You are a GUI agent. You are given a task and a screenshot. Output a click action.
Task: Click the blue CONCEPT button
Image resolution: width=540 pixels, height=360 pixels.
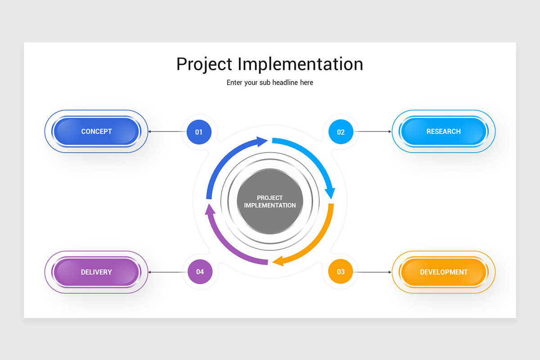pos(96,131)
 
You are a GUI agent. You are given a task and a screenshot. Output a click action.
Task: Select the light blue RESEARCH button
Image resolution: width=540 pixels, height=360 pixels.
pos(443,131)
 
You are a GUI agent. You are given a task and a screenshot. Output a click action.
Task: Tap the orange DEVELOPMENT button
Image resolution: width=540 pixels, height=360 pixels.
pos(443,272)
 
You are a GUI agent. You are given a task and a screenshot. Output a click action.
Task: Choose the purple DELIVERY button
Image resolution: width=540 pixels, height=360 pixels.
pos(96,272)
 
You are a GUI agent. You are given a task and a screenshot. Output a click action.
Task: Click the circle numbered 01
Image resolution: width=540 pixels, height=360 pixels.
pos(199,132)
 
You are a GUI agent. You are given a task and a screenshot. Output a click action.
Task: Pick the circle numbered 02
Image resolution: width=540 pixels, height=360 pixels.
pos(341,132)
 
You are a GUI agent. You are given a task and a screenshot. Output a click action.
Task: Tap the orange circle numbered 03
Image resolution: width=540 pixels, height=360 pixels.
pos(341,271)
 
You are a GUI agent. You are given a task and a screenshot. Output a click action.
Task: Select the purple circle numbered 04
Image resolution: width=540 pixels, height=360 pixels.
pos(200,271)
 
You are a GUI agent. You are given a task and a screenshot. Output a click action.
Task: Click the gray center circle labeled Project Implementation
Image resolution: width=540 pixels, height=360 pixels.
pos(270,202)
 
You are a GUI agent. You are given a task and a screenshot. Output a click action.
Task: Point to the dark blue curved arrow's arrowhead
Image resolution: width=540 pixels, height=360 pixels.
pos(262,142)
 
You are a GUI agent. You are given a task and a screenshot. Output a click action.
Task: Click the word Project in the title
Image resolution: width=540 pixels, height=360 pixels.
pos(205,64)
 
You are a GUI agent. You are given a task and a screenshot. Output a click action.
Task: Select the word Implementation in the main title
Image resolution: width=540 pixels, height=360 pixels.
pos(300,64)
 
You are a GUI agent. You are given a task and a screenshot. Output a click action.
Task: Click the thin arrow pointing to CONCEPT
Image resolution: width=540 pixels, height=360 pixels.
pos(166,132)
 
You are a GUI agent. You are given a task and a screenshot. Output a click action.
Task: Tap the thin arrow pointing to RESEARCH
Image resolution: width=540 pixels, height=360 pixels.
pos(373,132)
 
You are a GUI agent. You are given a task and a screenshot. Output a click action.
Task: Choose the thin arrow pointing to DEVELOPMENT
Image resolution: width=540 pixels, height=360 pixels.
pos(373,272)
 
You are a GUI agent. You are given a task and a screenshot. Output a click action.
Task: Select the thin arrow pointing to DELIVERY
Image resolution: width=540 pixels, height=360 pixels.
pos(166,272)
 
